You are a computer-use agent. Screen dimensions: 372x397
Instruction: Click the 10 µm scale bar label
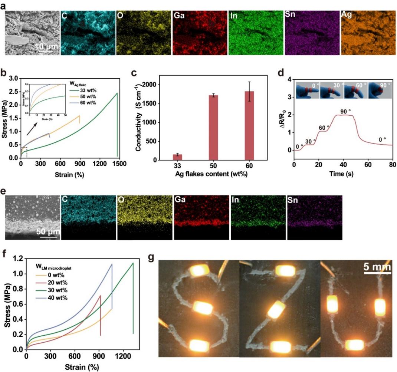pos(47,47)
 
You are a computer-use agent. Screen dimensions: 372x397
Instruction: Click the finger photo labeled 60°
pos(355,90)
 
